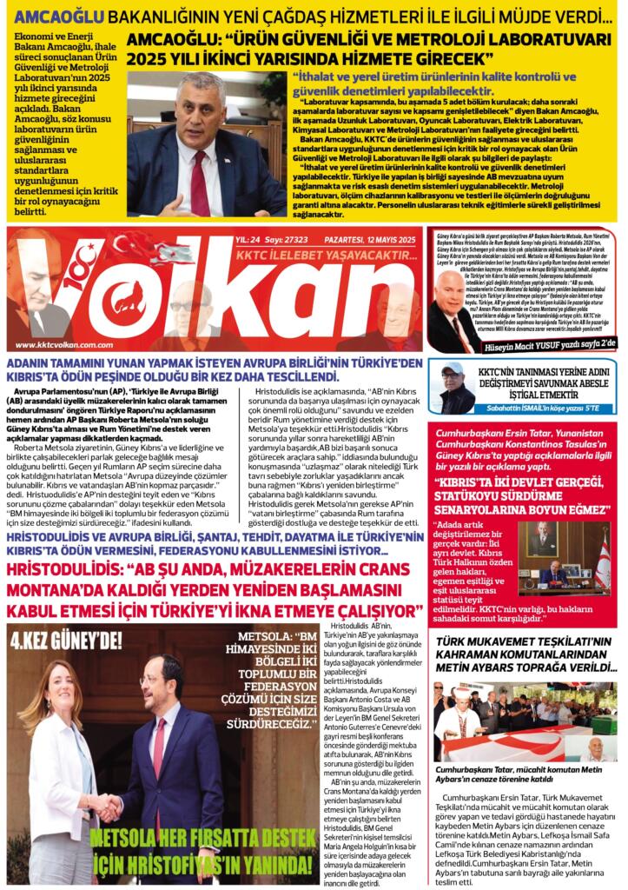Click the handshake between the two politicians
click(108, 807)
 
